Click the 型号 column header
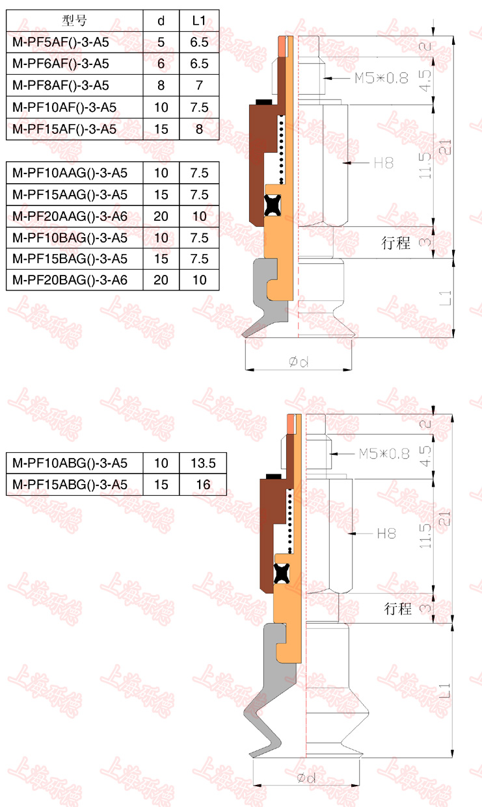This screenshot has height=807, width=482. pyautogui.click(x=74, y=21)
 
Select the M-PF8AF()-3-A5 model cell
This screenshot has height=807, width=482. pyautogui.click(x=60, y=85)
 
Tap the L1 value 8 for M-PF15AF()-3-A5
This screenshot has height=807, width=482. pyautogui.click(x=199, y=129)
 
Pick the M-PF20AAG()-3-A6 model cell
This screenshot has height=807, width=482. pyautogui.click(x=70, y=216)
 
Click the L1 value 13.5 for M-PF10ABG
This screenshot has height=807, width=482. pyautogui.click(x=203, y=463)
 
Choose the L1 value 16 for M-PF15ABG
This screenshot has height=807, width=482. pyautogui.click(x=203, y=485)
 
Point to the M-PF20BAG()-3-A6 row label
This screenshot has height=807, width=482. pyautogui.click(x=70, y=280)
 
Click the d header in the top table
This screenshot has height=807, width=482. pyautogui.click(x=161, y=21)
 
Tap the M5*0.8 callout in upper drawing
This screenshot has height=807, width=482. pyautogui.click(x=381, y=78)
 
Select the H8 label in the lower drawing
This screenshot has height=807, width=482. pyautogui.click(x=386, y=533)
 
